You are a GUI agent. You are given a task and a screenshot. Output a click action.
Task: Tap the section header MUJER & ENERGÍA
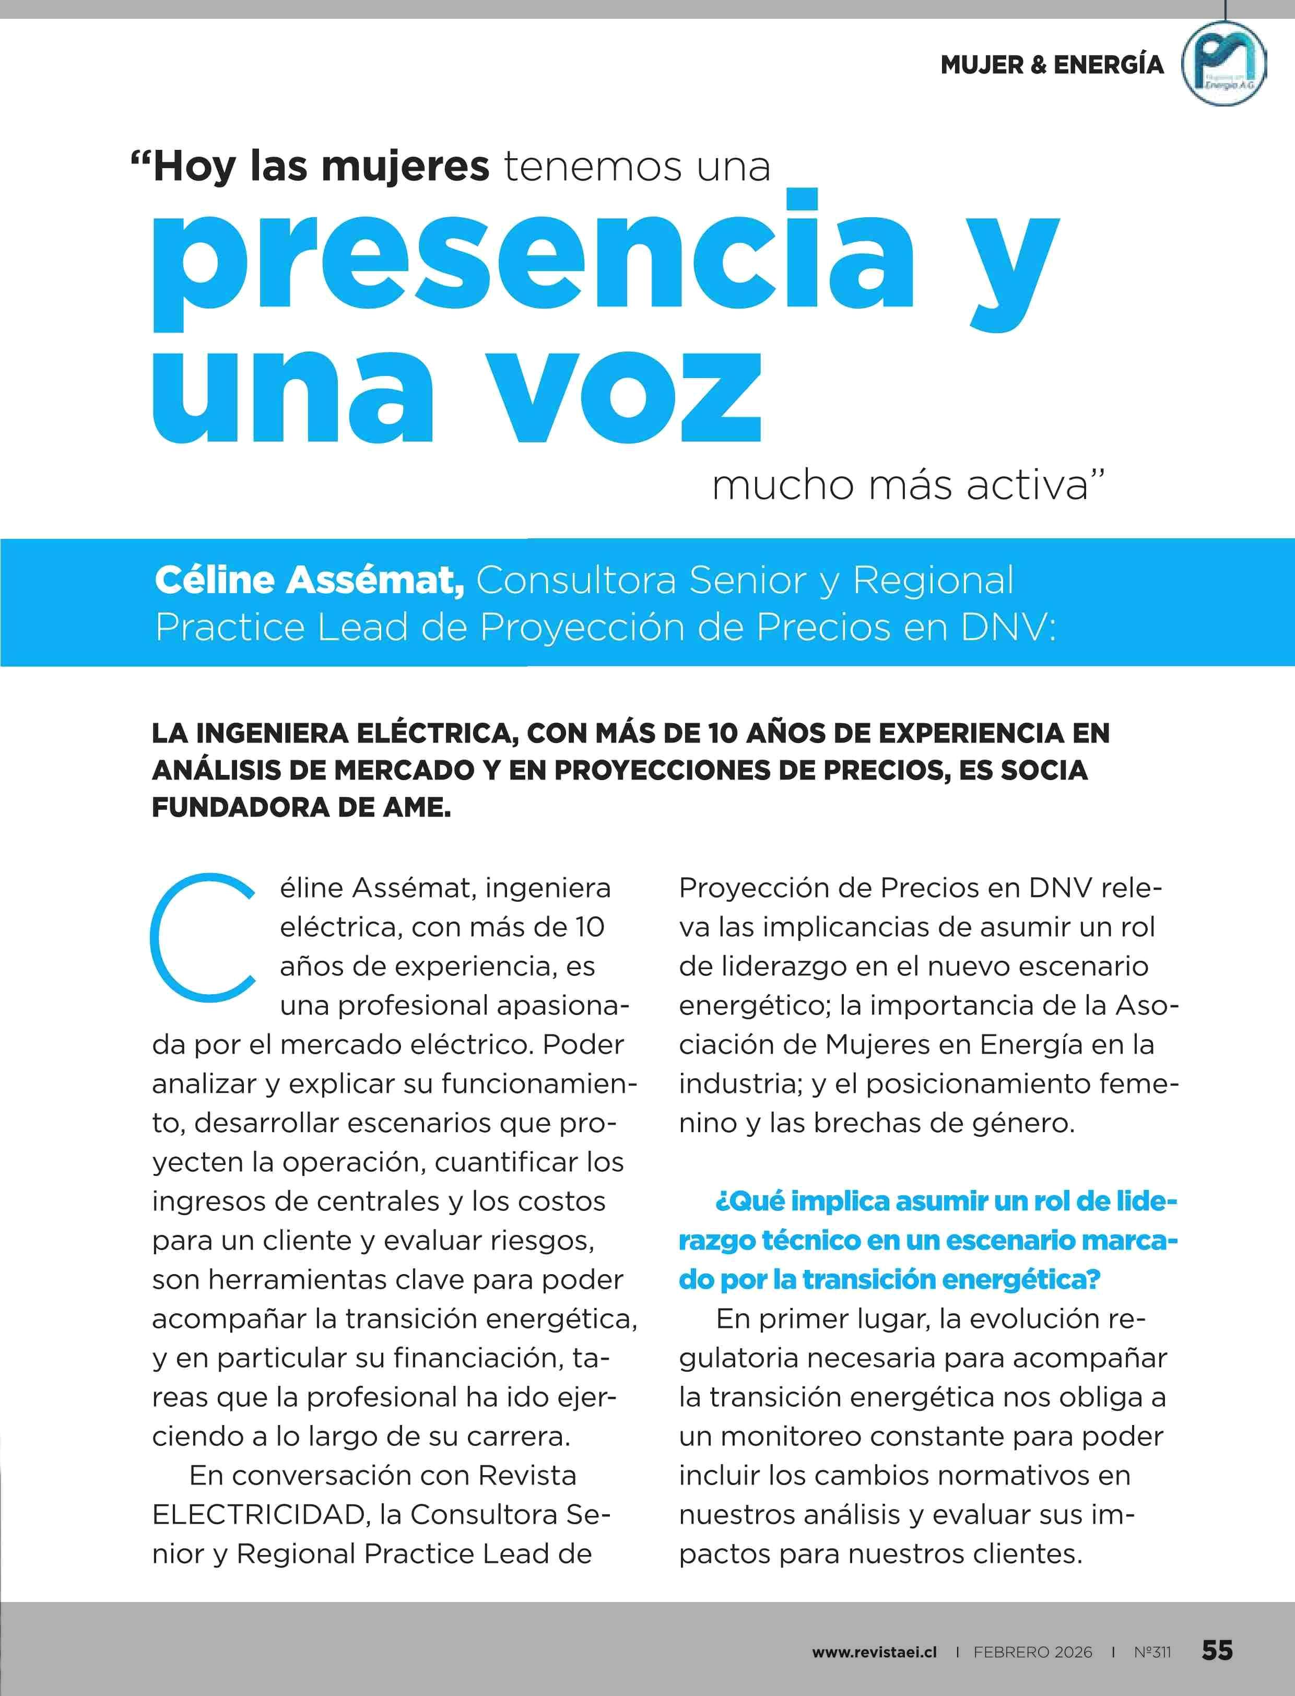tap(1052, 65)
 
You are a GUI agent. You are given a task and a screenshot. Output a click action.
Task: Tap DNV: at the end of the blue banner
tap(1008, 627)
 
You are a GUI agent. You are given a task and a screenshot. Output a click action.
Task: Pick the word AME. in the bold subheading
tap(416, 807)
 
